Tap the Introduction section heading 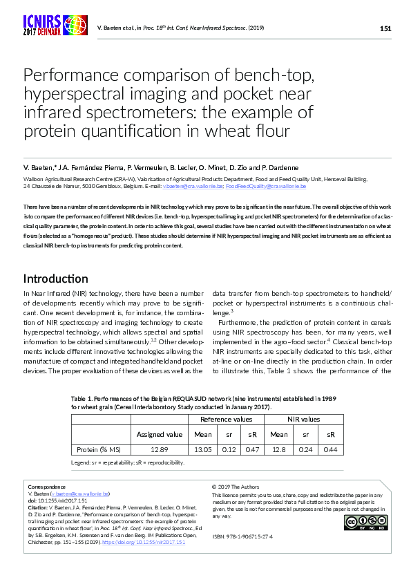coord(56,279)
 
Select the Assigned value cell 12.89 coord(160,450)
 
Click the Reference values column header coord(226,419)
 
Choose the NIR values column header coord(303,419)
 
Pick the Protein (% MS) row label coord(101,450)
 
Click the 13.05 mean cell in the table coord(203,450)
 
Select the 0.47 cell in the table coord(253,450)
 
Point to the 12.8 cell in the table coord(279,450)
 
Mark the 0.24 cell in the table coord(305,450)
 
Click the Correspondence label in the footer coord(45,487)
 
